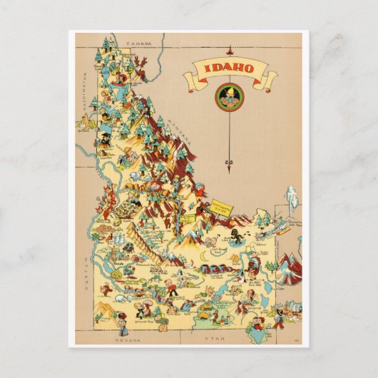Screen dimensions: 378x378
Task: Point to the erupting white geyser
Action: point(291,198)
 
